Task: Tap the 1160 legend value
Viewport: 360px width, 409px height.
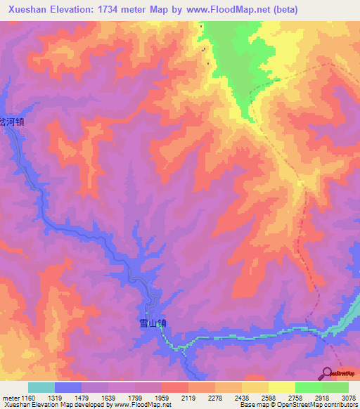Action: click(x=27, y=398)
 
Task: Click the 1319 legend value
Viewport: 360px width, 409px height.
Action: click(x=55, y=398)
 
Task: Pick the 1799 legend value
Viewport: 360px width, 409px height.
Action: click(x=135, y=398)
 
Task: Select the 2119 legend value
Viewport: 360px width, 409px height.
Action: click(x=188, y=398)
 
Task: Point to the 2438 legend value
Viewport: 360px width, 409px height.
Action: click(x=242, y=398)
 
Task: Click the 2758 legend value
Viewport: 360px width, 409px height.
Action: click(x=295, y=398)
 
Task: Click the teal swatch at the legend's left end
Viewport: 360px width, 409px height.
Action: click(x=41, y=387)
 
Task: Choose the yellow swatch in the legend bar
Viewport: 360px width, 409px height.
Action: click(x=281, y=387)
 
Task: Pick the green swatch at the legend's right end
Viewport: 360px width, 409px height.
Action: click(x=335, y=387)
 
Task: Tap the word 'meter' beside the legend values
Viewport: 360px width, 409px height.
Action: click(x=11, y=398)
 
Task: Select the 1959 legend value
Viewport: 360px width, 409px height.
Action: click(x=162, y=398)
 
